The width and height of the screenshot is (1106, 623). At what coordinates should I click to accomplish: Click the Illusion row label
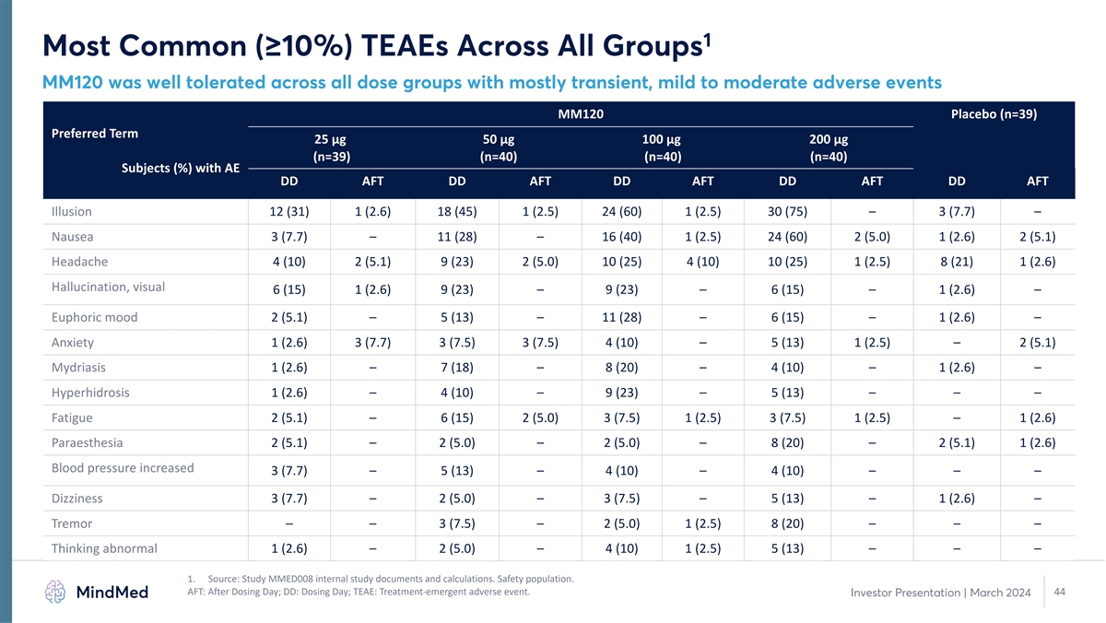tap(71, 212)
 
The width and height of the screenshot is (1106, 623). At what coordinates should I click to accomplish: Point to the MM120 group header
tap(581, 114)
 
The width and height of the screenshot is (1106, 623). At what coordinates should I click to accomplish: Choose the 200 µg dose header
tap(828, 139)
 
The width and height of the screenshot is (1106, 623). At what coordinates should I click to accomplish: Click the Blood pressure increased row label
tap(123, 467)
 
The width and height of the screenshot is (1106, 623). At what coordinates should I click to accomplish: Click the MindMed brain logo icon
tap(56, 591)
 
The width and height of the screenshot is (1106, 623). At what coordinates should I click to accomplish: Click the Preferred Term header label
tap(95, 133)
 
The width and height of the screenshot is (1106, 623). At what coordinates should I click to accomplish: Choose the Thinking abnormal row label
tap(104, 549)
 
